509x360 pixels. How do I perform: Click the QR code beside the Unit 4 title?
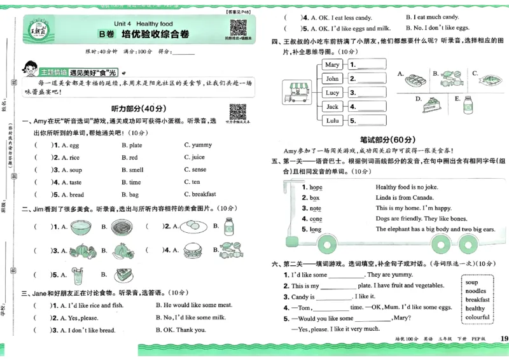pos(238,28)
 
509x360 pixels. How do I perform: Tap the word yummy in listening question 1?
pos(202,145)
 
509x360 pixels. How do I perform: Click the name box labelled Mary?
pos(332,65)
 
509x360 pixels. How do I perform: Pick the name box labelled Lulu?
pos(332,120)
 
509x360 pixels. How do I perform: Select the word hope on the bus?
pos(316,188)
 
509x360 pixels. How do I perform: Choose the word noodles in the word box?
pos(476,291)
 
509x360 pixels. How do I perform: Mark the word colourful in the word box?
pos(477,317)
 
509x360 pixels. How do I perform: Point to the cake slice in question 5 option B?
pos(123,275)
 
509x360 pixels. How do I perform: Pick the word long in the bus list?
pos(316,229)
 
